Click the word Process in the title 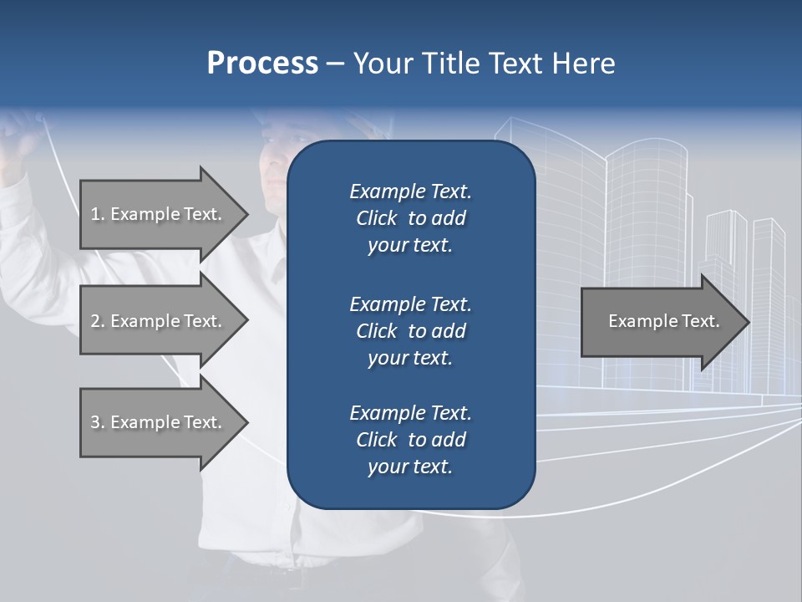point(262,64)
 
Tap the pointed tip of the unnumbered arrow point(748,321)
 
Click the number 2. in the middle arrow point(97,321)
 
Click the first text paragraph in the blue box point(410,218)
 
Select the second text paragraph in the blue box point(410,330)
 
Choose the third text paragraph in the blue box point(410,439)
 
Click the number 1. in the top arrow point(97,214)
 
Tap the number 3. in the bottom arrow point(97,422)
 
